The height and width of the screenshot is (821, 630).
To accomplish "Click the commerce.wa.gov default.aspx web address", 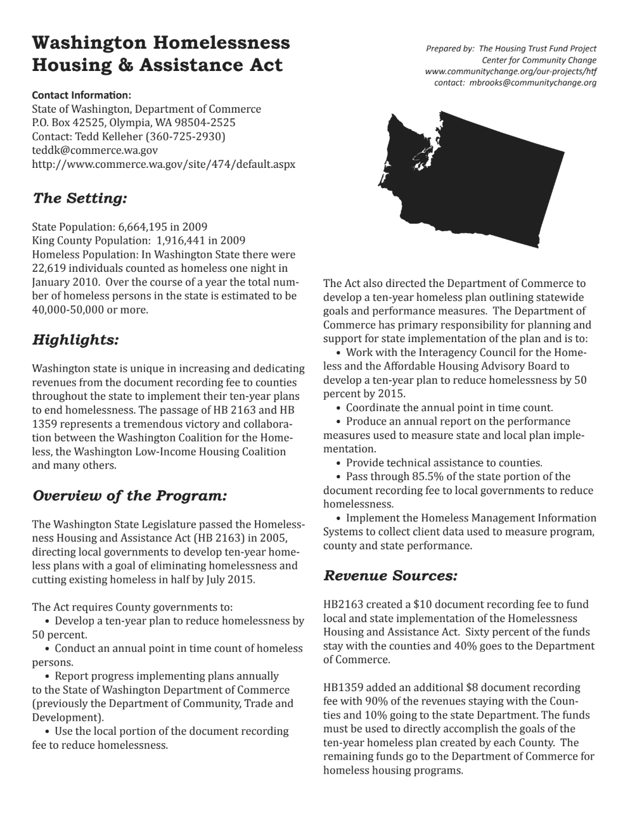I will (164, 164).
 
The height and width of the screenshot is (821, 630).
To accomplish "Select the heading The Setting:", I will (80, 198).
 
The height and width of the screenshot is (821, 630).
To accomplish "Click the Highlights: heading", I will (75, 340).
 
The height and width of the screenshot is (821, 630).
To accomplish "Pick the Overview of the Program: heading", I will (129, 495).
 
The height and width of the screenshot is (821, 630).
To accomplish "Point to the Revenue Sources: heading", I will (390, 576).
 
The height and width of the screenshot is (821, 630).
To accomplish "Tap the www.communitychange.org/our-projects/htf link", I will (511, 72).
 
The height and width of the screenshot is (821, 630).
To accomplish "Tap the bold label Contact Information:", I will (81, 96).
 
